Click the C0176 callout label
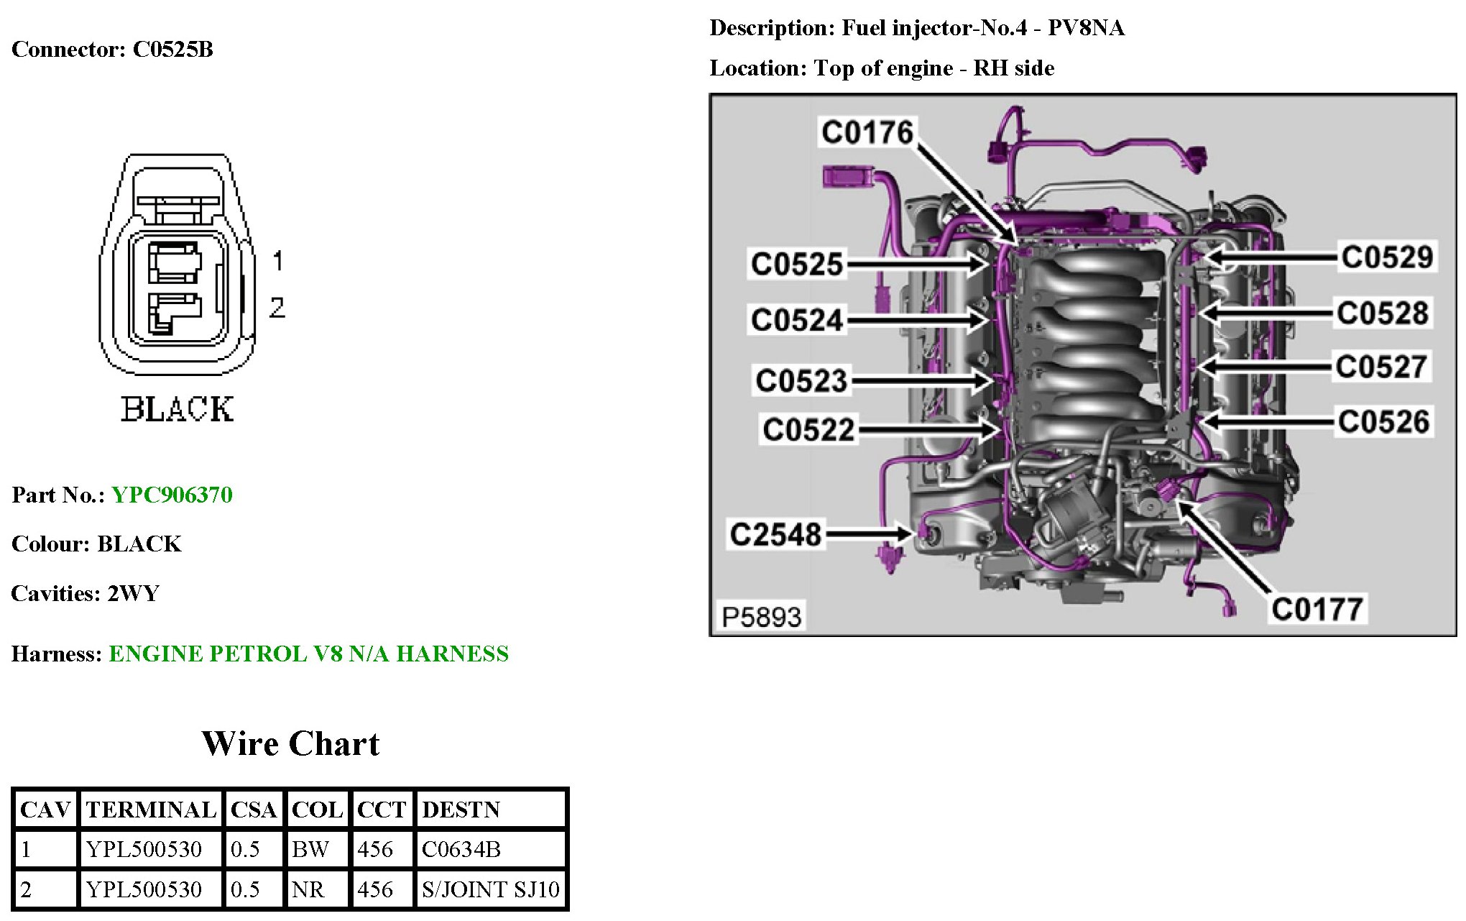(867, 133)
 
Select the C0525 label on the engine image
(796, 264)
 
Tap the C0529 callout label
(1387, 257)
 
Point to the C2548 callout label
(775, 535)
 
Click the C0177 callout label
(1317, 610)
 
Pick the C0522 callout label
(808, 430)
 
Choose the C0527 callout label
(1381, 367)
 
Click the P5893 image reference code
(761, 617)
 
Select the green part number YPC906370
(172, 495)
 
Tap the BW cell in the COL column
(310, 850)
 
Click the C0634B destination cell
(461, 850)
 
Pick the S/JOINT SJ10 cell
(490, 890)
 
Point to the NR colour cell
(308, 890)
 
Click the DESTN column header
(461, 810)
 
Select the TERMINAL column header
(151, 810)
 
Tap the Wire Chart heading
(290, 744)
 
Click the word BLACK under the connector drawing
(177, 410)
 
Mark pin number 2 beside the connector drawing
(277, 308)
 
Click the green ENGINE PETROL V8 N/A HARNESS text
(308, 654)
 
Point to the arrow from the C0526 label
(1265, 421)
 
